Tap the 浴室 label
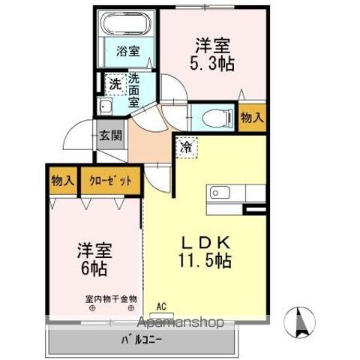[127, 52]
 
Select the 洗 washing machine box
[115, 83]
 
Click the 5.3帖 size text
[214, 64]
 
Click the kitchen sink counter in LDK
[226, 193]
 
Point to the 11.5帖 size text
[204, 262]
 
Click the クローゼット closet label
[109, 180]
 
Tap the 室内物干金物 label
[110, 298]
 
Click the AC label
[160, 306]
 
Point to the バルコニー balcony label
[142, 340]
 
